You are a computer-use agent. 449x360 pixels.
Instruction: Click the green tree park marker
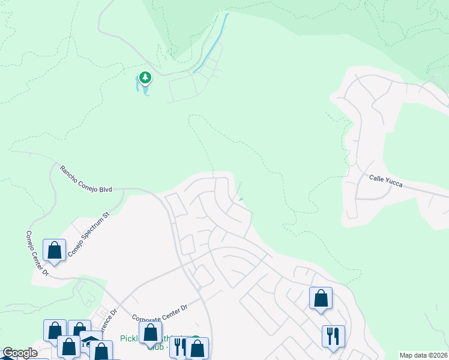coord(145,77)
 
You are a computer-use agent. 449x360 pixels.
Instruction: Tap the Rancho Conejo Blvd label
coord(86,178)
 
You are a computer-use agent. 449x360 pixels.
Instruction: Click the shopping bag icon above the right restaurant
coord(321,298)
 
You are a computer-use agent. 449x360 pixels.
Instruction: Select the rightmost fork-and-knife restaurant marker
coord(333,335)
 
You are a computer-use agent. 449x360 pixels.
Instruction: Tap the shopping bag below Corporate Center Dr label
coord(150,332)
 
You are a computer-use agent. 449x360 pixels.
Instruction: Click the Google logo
coord(20,353)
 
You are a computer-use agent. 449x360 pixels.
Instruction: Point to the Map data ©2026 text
coord(423,355)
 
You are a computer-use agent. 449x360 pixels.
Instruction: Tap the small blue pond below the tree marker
coord(145,89)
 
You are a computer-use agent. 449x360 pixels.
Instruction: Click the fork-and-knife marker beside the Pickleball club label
coord(178,346)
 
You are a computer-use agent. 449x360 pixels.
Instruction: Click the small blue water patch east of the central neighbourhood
coord(241,200)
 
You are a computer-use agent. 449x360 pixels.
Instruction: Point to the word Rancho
coord(68,172)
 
